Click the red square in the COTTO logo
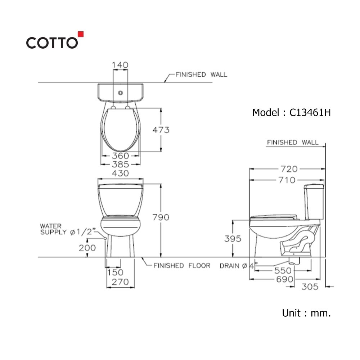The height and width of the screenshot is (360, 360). [x=81, y=34]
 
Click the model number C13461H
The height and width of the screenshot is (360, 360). [x=310, y=112]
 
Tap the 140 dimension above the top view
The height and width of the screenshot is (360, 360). [x=120, y=65]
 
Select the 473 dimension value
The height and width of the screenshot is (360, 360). [x=161, y=130]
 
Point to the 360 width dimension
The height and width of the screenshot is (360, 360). [x=120, y=156]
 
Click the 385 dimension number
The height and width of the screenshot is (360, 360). [x=120, y=165]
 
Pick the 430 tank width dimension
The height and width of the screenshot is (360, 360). [x=120, y=173]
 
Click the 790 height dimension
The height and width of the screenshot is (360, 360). [x=161, y=217]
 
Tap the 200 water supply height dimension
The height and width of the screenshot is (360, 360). [x=87, y=248]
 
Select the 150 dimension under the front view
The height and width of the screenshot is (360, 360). [x=116, y=273]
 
